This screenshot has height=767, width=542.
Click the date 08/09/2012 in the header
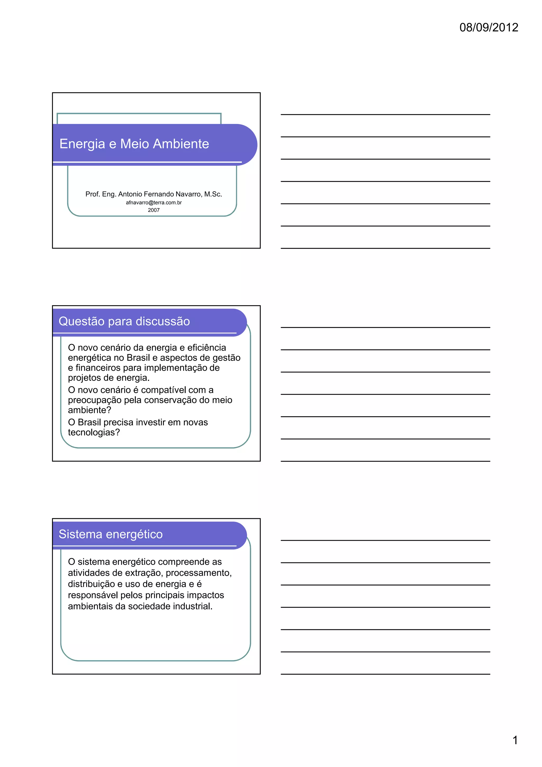click(x=489, y=28)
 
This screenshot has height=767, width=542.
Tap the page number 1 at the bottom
click(x=515, y=740)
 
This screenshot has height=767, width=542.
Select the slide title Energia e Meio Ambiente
click(x=134, y=144)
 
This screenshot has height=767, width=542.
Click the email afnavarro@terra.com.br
click(x=153, y=202)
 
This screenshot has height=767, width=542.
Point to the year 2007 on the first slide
click(x=153, y=210)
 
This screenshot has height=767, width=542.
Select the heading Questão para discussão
click(x=124, y=321)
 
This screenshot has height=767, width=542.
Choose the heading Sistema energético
click(x=111, y=534)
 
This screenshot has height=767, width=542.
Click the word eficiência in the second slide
click(x=207, y=348)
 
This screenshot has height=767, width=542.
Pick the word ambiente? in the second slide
click(x=89, y=410)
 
